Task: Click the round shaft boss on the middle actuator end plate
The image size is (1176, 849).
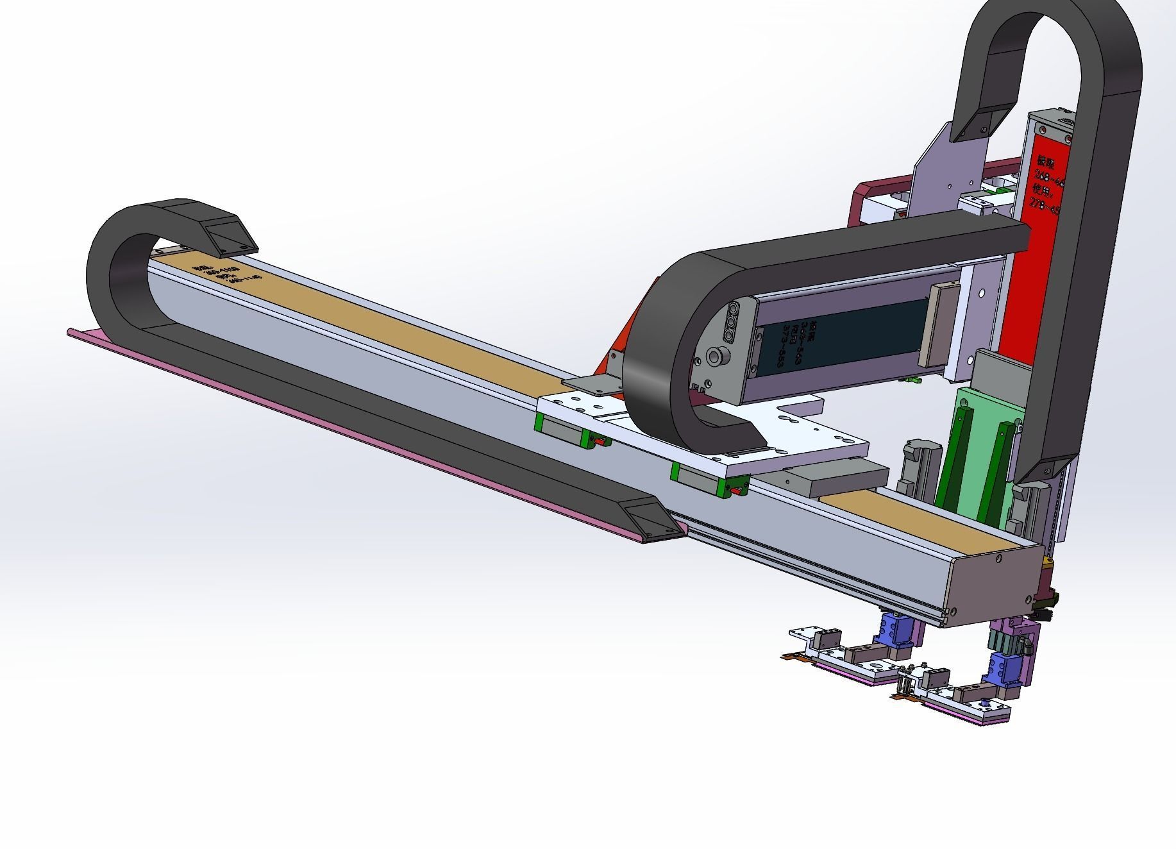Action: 716,357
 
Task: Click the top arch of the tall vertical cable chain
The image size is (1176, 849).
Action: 1052,26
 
